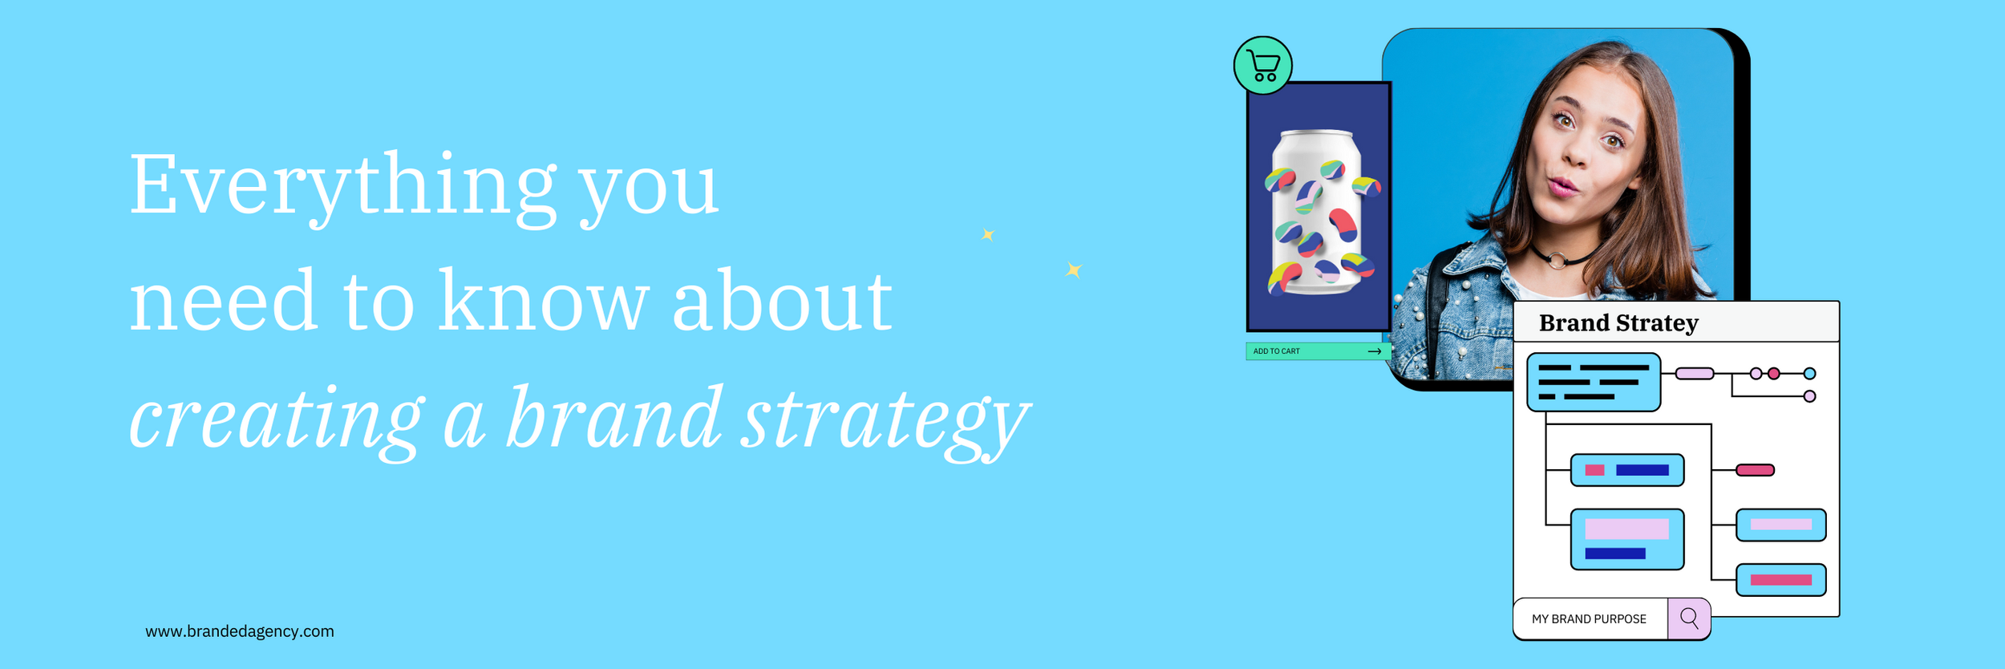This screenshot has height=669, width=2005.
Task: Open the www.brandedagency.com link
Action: point(240,631)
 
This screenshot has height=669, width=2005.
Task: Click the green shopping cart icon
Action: point(1262,66)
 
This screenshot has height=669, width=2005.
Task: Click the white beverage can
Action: point(1318,213)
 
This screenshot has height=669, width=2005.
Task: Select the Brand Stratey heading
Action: point(1618,322)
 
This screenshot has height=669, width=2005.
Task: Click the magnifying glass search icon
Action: point(1689,618)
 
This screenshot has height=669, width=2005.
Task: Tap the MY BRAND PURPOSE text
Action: point(1589,619)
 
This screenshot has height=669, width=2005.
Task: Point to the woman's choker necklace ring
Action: point(1556,260)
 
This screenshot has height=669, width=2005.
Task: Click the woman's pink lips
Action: point(1561,187)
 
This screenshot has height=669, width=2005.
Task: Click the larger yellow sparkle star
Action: point(1074,270)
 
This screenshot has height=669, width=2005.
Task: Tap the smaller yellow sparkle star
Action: point(988,235)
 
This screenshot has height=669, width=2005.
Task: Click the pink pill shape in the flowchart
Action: point(1755,470)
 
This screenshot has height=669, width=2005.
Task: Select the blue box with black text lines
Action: point(1594,383)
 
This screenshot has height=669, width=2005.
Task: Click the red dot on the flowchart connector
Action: point(1774,374)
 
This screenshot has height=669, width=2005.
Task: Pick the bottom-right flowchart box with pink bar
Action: point(1781,580)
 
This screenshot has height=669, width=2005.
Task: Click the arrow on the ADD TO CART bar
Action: point(1374,351)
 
